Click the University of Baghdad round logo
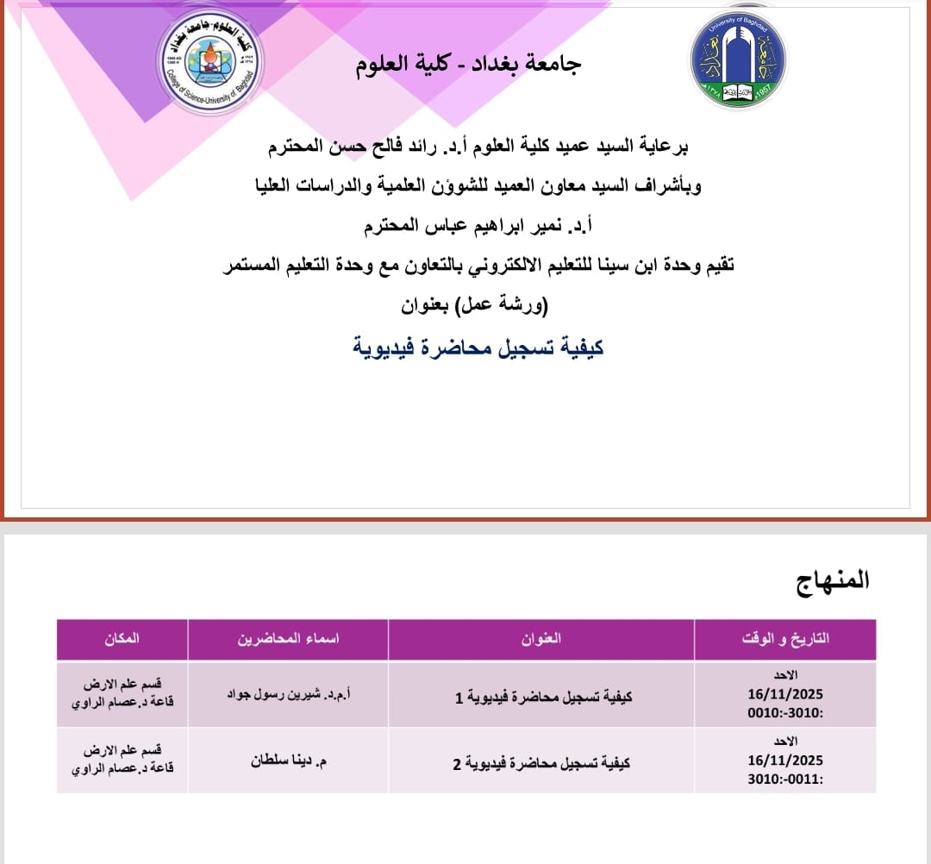click(x=738, y=60)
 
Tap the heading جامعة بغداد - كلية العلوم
click(x=469, y=65)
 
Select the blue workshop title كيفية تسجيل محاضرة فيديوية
click(x=478, y=347)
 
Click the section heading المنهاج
click(x=833, y=580)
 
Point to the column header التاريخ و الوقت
click(x=784, y=639)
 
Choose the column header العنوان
click(x=541, y=639)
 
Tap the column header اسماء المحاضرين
click(x=288, y=639)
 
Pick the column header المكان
click(x=122, y=639)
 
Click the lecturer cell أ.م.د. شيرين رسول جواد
click(x=288, y=694)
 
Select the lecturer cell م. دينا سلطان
click(x=288, y=761)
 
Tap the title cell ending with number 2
click(x=541, y=762)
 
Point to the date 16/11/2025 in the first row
click(x=786, y=693)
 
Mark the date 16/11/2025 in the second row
click(x=786, y=761)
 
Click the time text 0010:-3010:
click(x=786, y=713)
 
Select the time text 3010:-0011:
click(x=786, y=779)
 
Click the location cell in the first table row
click(x=122, y=694)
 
